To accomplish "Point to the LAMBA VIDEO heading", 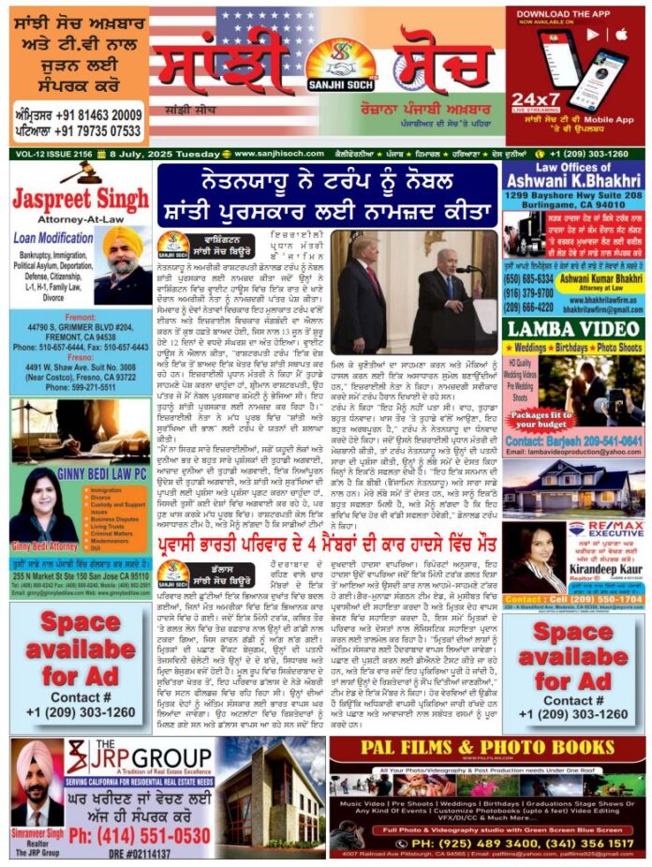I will coord(572,329).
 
